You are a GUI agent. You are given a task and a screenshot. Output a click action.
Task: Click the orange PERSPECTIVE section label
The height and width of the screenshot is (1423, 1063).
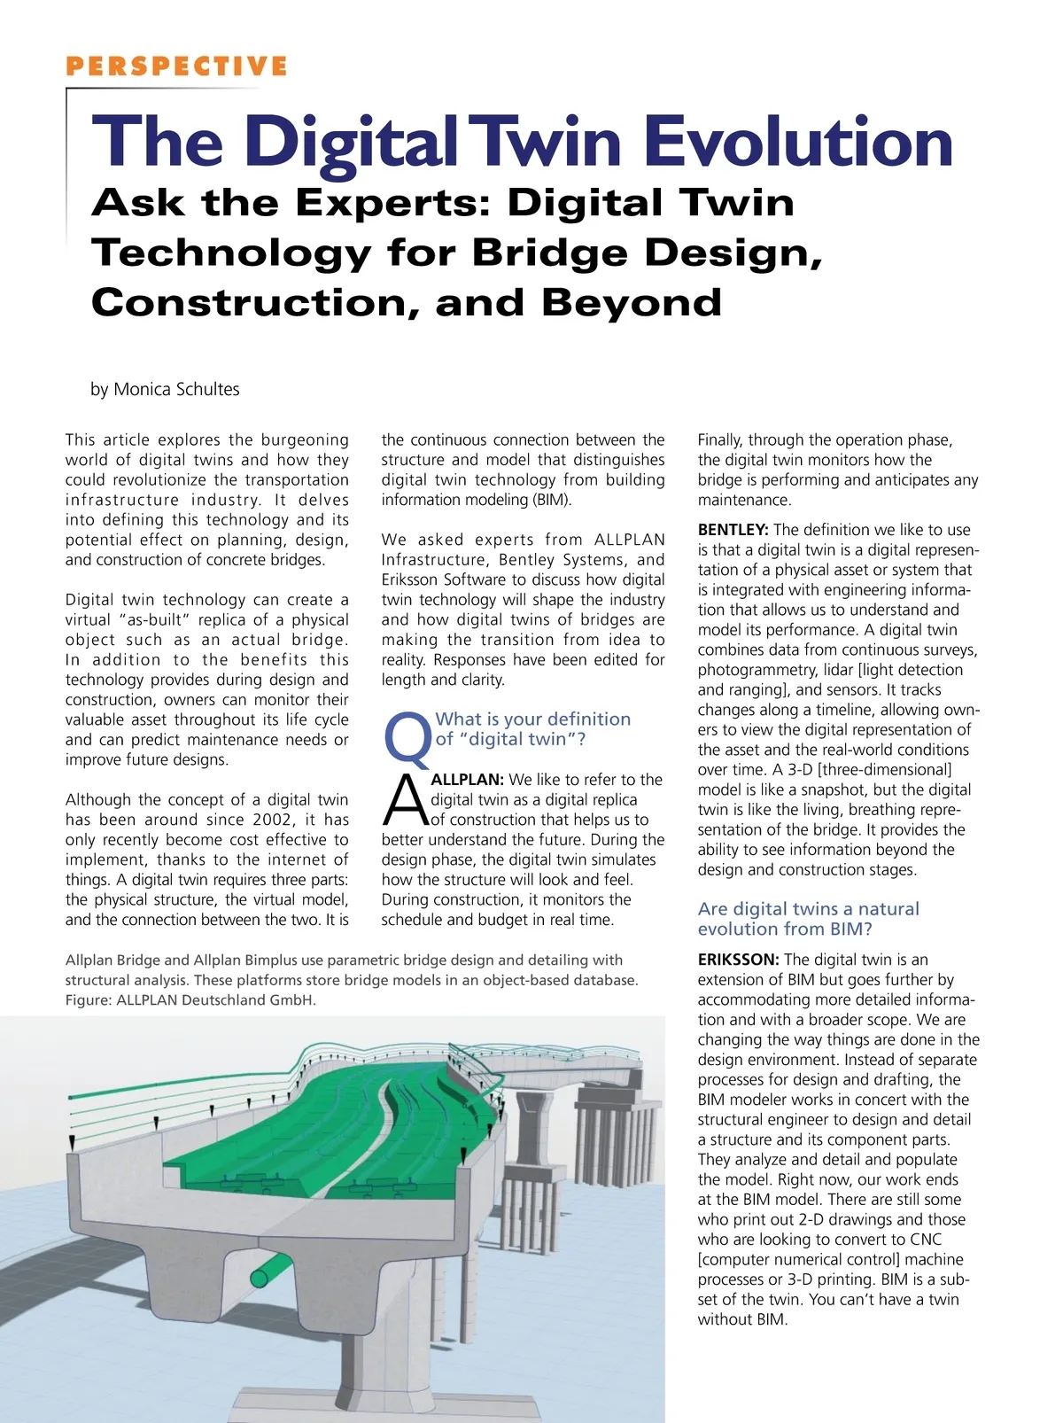coord(176,66)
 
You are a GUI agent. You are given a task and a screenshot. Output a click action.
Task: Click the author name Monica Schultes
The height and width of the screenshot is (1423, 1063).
coord(176,389)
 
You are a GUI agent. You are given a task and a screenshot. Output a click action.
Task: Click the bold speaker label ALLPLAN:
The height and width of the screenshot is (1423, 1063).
coord(467,780)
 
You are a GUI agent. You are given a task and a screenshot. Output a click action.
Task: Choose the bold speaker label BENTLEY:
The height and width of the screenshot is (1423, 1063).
coord(733,530)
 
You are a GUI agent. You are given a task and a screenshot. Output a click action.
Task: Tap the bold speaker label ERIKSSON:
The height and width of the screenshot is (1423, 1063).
coord(738,960)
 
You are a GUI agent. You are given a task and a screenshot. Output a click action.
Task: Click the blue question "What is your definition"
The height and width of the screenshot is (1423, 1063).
coord(533,719)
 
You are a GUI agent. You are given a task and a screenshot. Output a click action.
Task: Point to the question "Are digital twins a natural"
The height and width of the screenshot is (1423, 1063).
coord(808,909)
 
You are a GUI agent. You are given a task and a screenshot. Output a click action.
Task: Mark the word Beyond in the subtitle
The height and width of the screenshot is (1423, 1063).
coord(632,303)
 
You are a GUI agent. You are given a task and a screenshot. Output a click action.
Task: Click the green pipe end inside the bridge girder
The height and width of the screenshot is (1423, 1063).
coord(260,1278)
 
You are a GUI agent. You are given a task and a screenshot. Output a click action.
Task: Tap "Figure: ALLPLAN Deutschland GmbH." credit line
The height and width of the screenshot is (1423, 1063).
coord(190,1000)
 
